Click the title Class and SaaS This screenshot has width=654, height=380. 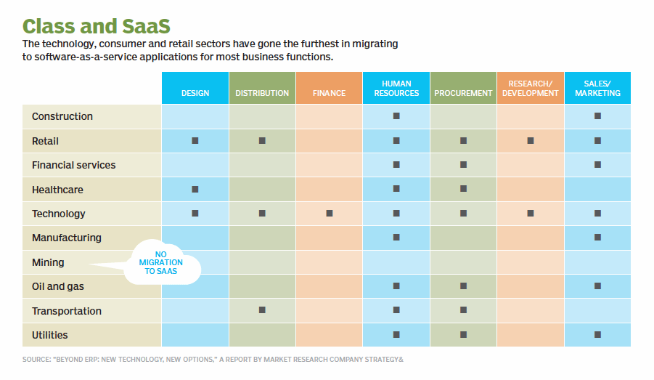tap(97, 25)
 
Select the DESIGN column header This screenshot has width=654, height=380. tap(195, 93)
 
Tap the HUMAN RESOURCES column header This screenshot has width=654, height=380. tap(396, 88)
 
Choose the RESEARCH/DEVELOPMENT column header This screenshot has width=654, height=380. tap(530, 88)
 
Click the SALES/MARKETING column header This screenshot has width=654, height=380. tap(597, 88)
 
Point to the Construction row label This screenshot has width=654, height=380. tap(62, 116)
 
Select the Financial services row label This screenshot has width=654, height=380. tap(73, 165)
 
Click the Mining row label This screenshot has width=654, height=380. tap(48, 262)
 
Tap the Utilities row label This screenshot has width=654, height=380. tap(50, 335)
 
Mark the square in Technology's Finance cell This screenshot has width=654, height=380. tap(330, 214)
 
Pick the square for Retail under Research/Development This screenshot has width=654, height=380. tap(530, 140)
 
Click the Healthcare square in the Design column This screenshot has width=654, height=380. tap(195, 189)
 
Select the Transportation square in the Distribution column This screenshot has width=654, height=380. tap(262, 310)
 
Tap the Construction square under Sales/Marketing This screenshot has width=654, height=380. tap(597, 116)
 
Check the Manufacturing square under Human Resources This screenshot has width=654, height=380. tap(396, 238)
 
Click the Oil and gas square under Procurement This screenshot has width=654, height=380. tap(463, 286)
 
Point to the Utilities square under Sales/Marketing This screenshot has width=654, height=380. tap(597, 335)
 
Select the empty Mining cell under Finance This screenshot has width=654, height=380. tap(330, 262)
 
